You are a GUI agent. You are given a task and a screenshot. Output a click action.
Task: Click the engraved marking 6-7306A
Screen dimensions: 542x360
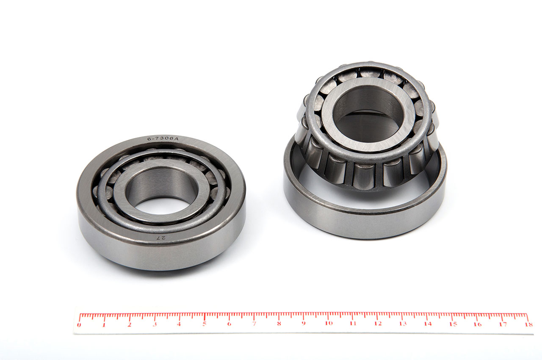tap(163, 139)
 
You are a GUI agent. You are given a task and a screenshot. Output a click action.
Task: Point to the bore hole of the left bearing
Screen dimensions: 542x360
tap(162, 191)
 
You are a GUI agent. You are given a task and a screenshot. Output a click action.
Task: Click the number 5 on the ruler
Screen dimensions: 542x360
tap(204, 324)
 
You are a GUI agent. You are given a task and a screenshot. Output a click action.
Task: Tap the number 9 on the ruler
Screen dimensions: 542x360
tap(304, 323)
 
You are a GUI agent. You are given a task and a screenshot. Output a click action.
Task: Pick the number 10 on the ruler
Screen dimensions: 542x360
tap(329, 323)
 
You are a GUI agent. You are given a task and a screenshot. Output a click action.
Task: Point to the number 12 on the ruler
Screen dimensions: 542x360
tap(378, 324)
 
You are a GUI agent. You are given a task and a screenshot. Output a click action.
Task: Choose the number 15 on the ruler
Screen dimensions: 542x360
tap(453, 324)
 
